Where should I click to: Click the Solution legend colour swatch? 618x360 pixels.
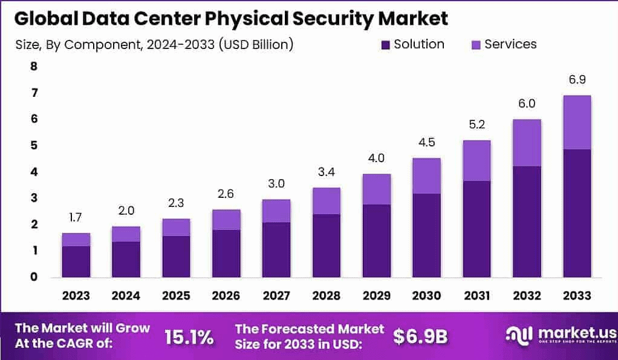(x=385, y=45)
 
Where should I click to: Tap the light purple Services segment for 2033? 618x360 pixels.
(x=576, y=122)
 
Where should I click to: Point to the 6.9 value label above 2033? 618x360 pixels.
(x=576, y=80)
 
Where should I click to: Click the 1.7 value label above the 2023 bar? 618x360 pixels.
(x=76, y=217)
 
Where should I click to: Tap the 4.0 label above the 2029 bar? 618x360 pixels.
(x=376, y=159)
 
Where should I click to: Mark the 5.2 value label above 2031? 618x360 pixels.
(x=477, y=125)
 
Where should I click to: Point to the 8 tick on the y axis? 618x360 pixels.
(x=34, y=67)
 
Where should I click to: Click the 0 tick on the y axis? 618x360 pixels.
(x=34, y=277)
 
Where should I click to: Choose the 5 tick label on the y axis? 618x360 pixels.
(x=34, y=146)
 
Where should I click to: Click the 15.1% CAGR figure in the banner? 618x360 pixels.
(x=189, y=337)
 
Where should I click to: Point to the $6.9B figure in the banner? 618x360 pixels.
(x=420, y=337)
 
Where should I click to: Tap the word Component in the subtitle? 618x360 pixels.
(x=105, y=44)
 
